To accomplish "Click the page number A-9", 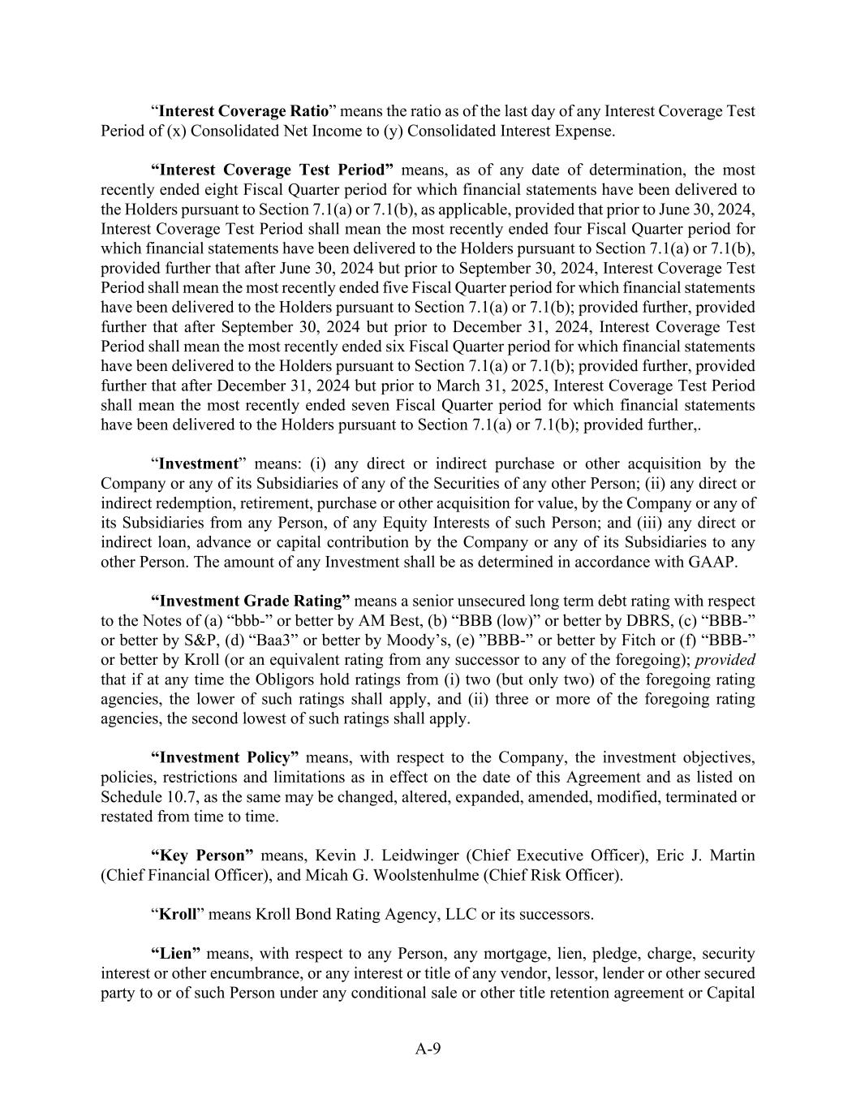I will coord(428,1048).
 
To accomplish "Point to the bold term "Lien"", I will coord(176,954).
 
